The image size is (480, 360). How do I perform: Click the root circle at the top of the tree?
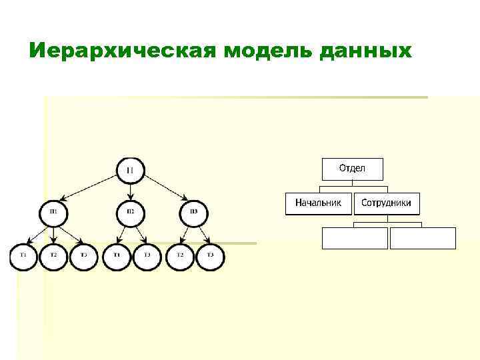(x=130, y=171)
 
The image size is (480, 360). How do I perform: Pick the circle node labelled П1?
(x=53, y=213)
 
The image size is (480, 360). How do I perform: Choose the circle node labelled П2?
(x=130, y=213)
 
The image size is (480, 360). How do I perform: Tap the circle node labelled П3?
(x=193, y=213)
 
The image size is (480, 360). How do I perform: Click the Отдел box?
(x=353, y=169)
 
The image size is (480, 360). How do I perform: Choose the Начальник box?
(x=319, y=203)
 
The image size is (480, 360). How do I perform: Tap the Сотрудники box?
(x=387, y=203)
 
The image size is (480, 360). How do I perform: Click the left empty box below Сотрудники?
(x=354, y=238)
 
